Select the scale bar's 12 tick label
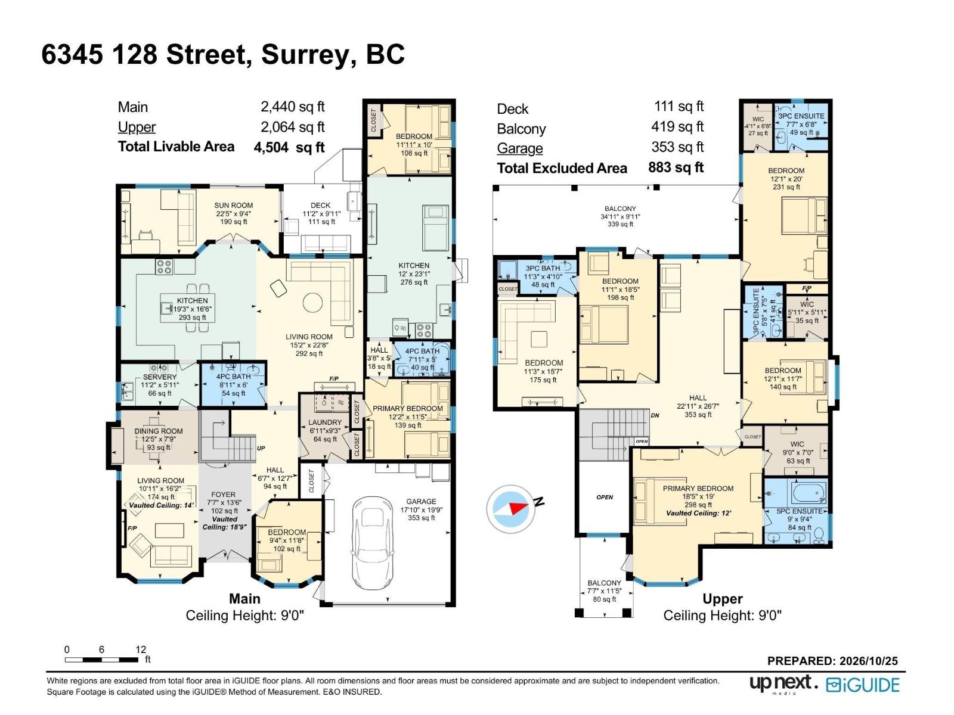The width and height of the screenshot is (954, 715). pyautogui.click(x=140, y=649)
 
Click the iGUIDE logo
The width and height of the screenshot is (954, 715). pyautogui.click(x=863, y=685)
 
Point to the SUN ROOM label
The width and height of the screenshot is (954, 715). pyautogui.click(x=233, y=206)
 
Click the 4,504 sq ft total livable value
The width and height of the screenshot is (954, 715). pyautogui.click(x=289, y=147)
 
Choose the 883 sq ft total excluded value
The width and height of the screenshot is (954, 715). pyautogui.click(x=676, y=167)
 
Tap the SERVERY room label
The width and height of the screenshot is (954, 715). pyautogui.click(x=160, y=377)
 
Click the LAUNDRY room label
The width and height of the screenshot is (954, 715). pyautogui.click(x=325, y=422)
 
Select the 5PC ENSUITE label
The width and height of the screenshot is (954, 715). pyautogui.click(x=800, y=511)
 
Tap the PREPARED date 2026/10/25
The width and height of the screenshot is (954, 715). pyautogui.click(x=868, y=661)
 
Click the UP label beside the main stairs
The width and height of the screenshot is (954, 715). pyautogui.click(x=261, y=448)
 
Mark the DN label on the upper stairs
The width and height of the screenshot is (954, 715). pyautogui.click(x=655, y=415)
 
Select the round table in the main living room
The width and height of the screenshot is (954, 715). pyautogui.click(x=312, y=302)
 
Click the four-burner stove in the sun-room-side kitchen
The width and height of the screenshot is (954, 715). pyautogui.click(x=164, y=267)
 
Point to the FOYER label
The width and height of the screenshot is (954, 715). pyautogui.click(x=223, y=495)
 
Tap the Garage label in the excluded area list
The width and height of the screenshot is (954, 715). pyautogui.click(x=520, y=148)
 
